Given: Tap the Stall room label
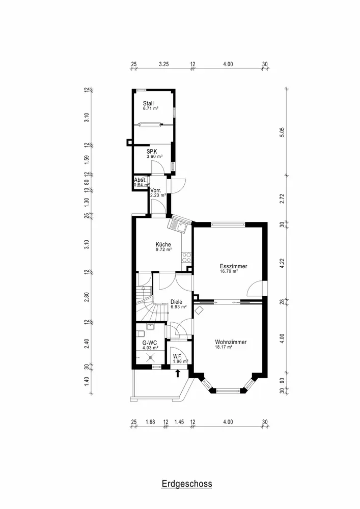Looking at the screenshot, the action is coord(148,103).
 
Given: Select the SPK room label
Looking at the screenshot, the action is coord(152,151).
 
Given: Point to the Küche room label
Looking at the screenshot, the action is coord(163,244).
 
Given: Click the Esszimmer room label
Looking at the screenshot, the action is coord(233,266).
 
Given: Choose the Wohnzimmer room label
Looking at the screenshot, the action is coord(231,343).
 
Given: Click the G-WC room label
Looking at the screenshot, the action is coord(149,343).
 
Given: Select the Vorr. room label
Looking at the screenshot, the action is coord(156,190).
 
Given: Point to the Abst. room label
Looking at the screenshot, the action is coord(140,180).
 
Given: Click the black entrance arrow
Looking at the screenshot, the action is coord(178,374).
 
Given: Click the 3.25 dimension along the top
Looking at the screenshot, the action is coord(163,65).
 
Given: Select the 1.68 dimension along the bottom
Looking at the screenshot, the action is coord(150,421).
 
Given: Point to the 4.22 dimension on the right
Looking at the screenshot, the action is coord(283,263).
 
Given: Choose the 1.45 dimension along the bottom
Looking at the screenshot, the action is coord(179,421).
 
